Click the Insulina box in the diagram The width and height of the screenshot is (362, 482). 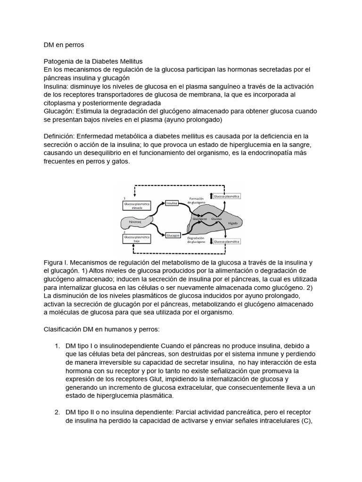(x=172, y=203)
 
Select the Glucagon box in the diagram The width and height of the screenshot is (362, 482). (x=173, y=235)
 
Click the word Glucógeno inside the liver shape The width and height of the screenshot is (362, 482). (x=200, y=219)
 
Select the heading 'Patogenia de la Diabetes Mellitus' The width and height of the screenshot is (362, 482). (x=93, y=62)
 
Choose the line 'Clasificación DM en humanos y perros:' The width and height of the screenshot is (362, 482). (x=106, y=329)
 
